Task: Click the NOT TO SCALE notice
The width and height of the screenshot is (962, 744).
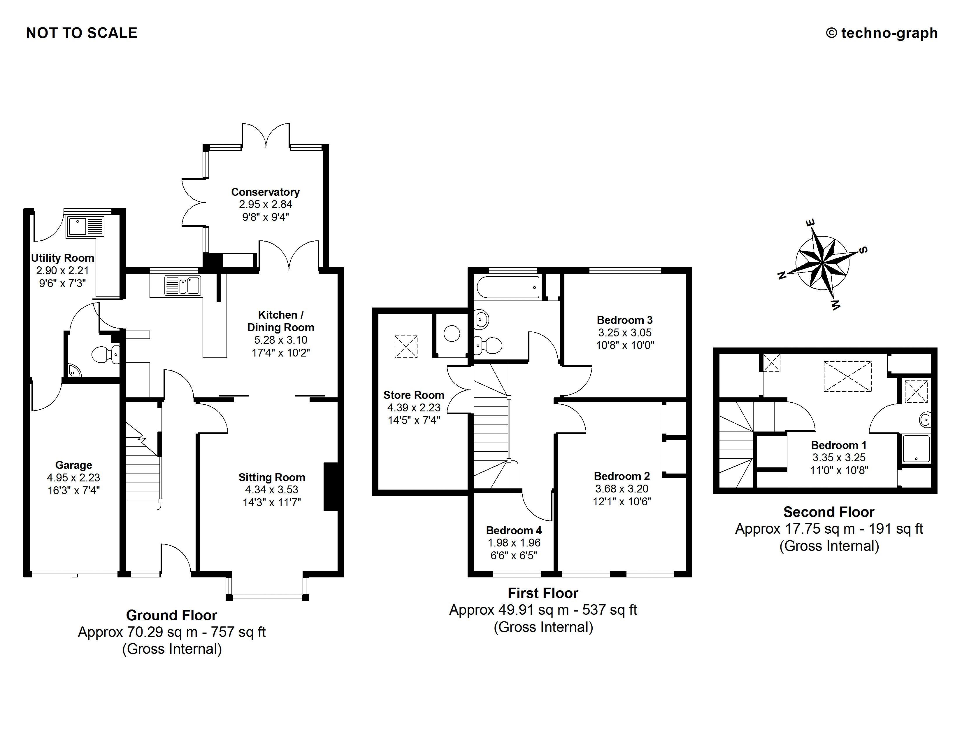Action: click(82, 33)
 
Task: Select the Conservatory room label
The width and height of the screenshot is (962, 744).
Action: click(265, 192)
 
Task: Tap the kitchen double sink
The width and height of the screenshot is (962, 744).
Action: click(182, 285)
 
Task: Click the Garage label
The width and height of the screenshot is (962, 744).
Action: click(73, 465)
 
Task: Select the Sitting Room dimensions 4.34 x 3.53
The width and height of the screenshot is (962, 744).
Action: click(271, 490)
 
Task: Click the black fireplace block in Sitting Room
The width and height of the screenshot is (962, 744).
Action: click(331, 487)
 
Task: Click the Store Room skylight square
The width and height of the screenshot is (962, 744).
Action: click(406, 346)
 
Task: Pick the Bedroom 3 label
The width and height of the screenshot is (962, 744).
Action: click(625, 320)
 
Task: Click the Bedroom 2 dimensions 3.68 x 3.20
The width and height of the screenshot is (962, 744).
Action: click(622, 489)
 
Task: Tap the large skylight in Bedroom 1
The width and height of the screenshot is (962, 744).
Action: click(847, 376)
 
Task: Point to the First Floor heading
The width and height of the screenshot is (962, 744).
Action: click(543, 593)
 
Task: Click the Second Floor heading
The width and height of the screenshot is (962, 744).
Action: click(828, 512)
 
